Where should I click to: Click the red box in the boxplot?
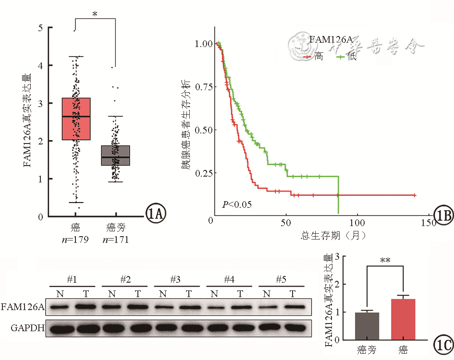click(x=76, y=119)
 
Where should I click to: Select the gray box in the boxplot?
click(x=115, y=155)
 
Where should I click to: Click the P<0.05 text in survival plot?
click(x=237, y=205)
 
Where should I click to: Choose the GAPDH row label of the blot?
click(x=23, y=328)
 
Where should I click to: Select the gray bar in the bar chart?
click(x=367, y=326)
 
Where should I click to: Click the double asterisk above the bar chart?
click(x=385, y=261)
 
